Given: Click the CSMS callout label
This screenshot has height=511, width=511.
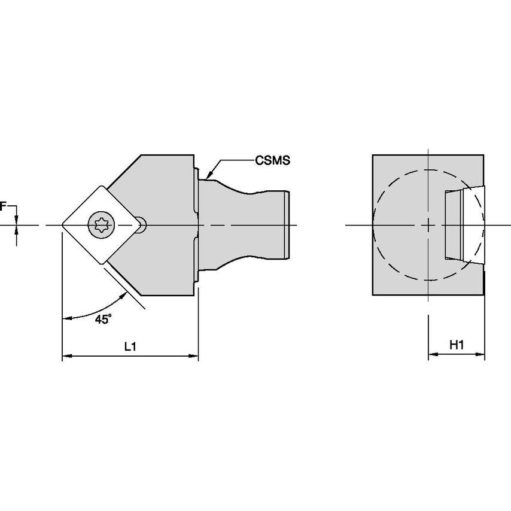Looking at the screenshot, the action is point(272,160).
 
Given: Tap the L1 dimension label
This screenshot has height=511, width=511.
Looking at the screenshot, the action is point(130,346).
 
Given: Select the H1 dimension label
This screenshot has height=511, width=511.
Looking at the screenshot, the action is point(457,345).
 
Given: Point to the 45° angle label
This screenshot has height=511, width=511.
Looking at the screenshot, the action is point(104,319).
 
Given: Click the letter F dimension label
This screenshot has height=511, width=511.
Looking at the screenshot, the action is point(3,206).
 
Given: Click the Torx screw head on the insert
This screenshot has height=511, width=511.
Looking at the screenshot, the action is point(101,225).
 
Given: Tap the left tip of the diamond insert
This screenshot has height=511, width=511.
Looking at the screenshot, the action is point(62,225).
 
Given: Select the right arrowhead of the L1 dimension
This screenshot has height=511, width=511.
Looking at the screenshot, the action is point(194,356).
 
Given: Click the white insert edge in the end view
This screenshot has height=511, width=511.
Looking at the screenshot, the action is point(473,225).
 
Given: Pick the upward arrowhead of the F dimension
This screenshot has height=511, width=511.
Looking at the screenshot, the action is point(17,230).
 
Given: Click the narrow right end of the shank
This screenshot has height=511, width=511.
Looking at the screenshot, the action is point(287,225).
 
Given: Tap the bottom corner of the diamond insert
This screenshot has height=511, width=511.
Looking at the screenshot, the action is point(104,263).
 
